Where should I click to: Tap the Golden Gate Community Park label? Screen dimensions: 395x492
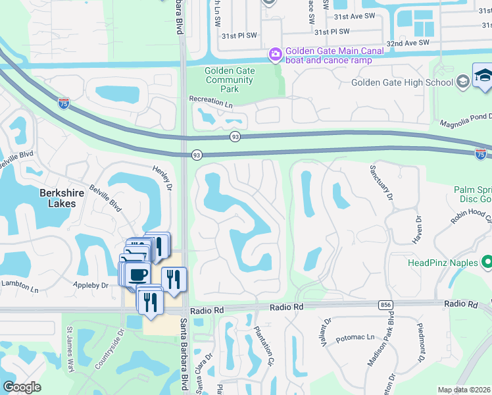(228, 80)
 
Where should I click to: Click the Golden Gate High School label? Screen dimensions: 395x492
(403, 82)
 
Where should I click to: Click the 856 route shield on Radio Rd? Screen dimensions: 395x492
(386, 305)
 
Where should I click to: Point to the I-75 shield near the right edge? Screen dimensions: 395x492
(481, 154)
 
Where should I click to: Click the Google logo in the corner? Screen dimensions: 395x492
(22, 386)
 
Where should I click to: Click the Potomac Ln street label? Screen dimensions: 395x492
(355, 338)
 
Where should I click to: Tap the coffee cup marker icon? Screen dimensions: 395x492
(138, 275)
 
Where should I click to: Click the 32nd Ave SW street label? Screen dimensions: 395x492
(407, 43)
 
